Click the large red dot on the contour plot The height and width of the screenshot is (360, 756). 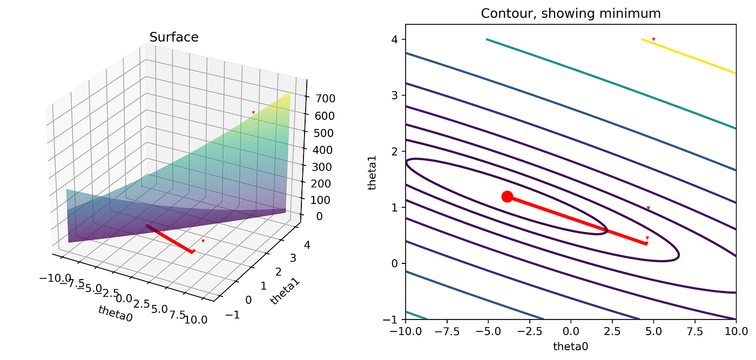507,196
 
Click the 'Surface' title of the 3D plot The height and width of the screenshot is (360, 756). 174,37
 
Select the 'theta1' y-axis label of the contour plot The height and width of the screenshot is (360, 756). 372,172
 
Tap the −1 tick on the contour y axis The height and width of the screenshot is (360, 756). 394,320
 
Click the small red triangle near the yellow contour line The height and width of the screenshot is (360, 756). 653,39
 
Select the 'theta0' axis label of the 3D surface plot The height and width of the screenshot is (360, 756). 115,315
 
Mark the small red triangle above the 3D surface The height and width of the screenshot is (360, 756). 253,112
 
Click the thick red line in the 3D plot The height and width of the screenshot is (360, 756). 170,239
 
